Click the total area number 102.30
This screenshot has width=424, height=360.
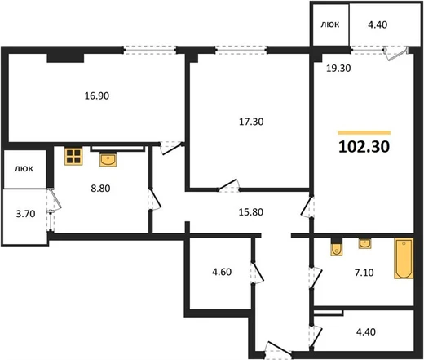(x=364, y=147)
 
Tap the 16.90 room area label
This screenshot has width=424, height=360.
(x=97, y=96)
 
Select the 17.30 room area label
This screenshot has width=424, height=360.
(x=251, y=122)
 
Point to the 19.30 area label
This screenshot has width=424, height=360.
(x=338, y=68)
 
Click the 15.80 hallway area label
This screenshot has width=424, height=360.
(x=251, y=211)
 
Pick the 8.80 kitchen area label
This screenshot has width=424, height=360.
(x=100, y=188)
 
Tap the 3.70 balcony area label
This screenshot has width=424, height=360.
(x=25, y=214)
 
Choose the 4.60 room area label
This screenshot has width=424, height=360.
(x=222, y=272)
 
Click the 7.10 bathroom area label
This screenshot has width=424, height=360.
(x=364, y=273)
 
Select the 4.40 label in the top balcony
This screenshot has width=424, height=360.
(x=378, y=24)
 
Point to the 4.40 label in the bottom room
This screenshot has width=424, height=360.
(x=366, y=331)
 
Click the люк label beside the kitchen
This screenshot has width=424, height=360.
(x=24, y=169)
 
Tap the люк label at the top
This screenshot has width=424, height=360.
(x=330, y=24)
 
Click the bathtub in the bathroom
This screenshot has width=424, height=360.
(x=404, y=259)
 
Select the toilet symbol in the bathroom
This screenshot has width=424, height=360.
(x=337, y=247)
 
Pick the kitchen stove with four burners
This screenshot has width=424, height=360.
(x=73, y=157)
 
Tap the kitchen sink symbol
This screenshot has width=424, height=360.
(x=108, y=159)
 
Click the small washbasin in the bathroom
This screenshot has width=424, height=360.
(x=364, y=243)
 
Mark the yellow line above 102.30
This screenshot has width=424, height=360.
(x=364, y=133)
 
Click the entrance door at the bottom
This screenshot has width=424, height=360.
(x=278, y=349)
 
